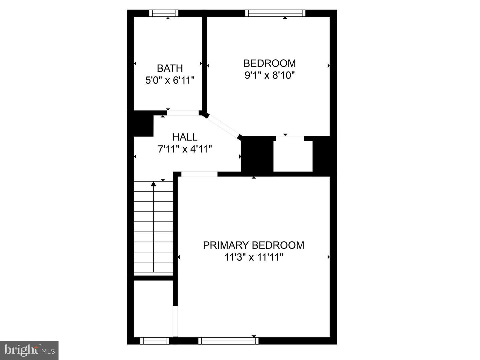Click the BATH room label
click(170, 68)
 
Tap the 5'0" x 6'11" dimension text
click(170, 80)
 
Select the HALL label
click(185, 137)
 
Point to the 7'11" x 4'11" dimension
click(185, 149)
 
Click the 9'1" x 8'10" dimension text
click(270, 75)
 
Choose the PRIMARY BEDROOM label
click(253, 245)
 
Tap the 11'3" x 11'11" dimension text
click(253, 257)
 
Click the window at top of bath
click(164, 13)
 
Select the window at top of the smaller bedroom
click(275, 13)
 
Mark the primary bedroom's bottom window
click(228, 341)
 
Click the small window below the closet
click(155, 341)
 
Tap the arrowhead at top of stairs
click(153, 184)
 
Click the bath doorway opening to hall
click(183, 113)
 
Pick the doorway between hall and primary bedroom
click(199, 174)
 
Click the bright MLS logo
click(29, 350)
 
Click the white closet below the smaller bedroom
click(293, 155)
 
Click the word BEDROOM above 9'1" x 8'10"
click(270, 63)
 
